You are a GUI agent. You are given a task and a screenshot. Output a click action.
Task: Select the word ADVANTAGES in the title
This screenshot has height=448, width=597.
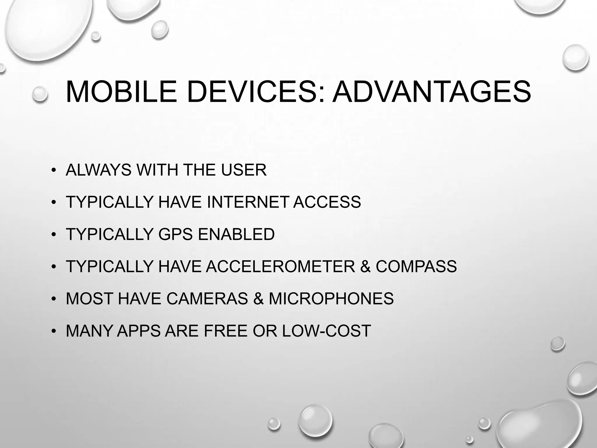431,92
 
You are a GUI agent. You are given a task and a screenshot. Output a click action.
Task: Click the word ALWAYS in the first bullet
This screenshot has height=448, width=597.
99,170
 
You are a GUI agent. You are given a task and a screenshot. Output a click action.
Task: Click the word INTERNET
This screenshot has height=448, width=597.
248,202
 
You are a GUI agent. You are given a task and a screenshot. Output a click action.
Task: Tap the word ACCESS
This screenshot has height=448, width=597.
327,202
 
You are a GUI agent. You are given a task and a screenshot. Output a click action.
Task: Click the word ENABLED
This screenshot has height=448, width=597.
236,234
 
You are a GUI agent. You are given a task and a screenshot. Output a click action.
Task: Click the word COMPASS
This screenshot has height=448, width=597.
416,266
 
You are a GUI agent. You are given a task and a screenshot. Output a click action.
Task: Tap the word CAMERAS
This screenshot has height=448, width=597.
207,299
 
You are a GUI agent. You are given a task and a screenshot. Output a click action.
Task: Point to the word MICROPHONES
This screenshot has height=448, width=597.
331,299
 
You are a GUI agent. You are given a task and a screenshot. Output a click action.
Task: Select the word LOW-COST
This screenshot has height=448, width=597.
326,331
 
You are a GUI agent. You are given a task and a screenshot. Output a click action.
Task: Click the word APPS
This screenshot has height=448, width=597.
139,331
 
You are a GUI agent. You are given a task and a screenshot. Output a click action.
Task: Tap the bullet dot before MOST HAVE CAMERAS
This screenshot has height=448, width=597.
53,299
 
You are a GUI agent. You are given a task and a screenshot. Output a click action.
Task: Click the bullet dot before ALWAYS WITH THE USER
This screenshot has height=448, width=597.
53,171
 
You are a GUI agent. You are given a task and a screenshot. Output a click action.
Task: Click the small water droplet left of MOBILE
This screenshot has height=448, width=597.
40,94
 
